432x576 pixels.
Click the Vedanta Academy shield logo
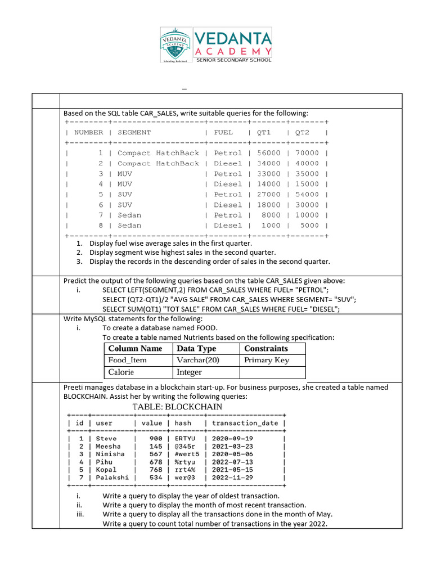[x=175, y=44]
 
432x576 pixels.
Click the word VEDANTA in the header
[x=233, y=39]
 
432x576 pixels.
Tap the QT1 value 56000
[x=268, y=153]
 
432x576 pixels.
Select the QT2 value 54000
[x=307, y=195]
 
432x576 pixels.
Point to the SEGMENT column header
[x=134, y=132]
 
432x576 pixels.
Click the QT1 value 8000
[x=271, y=215]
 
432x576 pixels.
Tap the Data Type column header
[x=196, y=349]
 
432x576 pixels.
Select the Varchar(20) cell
[x=197, y=361]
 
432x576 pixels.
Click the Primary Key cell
[x=266, y=361]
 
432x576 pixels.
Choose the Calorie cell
[x=121, y=372]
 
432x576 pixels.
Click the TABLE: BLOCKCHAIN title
[x=177, y=407]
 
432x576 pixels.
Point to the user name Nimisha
[x=110, y=454]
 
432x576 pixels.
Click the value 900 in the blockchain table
[x=156, y=438]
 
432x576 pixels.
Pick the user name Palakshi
[x=112, y=478]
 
